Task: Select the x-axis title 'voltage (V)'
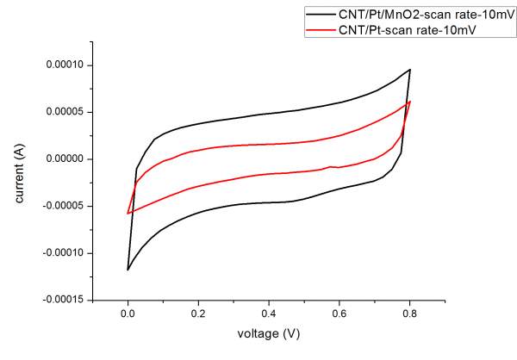click(268, 330)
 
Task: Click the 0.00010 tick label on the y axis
click(70, 65)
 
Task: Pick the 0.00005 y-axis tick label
click(70, 112)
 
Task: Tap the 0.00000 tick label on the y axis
click(70, 159)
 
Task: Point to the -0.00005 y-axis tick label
click(68, 206)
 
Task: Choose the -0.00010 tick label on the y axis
click(68, 253)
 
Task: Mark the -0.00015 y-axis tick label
click(68, 300)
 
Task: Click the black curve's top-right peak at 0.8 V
click(409, 70)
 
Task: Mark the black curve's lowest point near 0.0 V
click(128, 270)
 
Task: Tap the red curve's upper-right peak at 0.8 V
click(409, 102)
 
